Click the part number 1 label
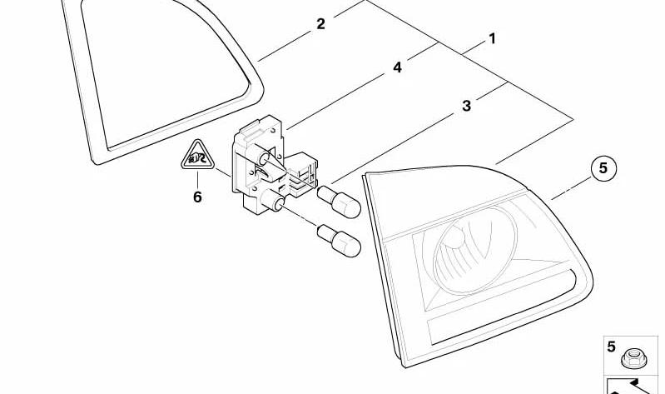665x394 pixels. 492,38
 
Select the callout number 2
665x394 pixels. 321,24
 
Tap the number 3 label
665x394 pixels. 466,106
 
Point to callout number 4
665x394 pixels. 397,67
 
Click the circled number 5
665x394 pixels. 604,169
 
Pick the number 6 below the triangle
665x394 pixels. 197,197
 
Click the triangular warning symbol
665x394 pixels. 196,156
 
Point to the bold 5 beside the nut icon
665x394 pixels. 611,347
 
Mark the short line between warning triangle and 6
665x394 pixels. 197,178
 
